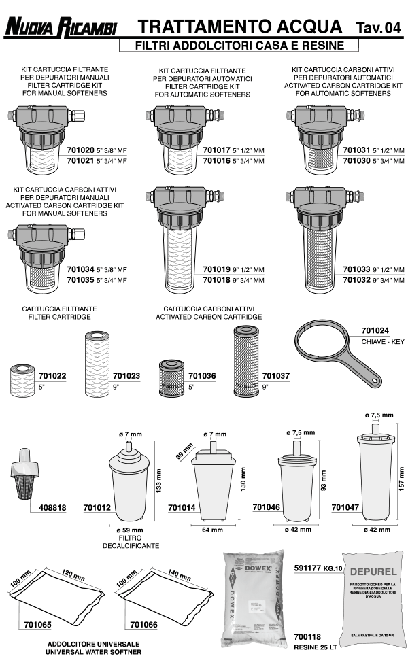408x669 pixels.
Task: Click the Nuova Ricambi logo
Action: point(61,28)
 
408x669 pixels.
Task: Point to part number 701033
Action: point(356,269)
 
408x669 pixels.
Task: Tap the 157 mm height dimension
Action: point(402,472)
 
